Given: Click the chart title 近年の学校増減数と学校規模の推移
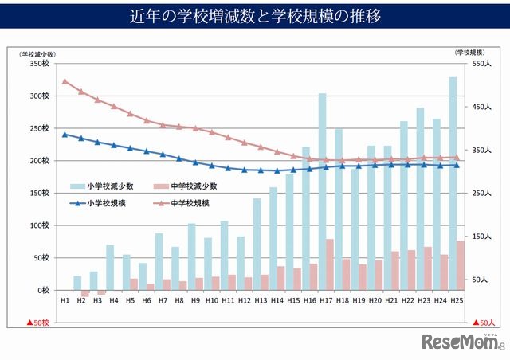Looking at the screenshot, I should click(x=255, y=15).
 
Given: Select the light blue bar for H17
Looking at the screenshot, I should click(x=323, y=191).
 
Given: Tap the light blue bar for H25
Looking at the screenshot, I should click(x=453, y=183).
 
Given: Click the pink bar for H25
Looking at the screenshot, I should click(x=461, y=265).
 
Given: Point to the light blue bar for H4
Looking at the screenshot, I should click(x=110, y=268).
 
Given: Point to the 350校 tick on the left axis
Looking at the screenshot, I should click(x=39, y=63).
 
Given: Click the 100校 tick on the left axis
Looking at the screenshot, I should click(x=39, y=225).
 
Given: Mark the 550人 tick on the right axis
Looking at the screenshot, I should click(x=481, y=63).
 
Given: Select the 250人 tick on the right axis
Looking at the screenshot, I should click(x=481, y=193).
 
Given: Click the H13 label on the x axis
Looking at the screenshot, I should click(x=261, y=301).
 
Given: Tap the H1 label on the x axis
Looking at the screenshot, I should click(x=65, y=301).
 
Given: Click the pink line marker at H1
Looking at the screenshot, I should click(x=65, y=80).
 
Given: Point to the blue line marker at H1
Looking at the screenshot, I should click(x=65, y=134).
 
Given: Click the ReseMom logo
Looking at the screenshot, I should click(x=463, y=342).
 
